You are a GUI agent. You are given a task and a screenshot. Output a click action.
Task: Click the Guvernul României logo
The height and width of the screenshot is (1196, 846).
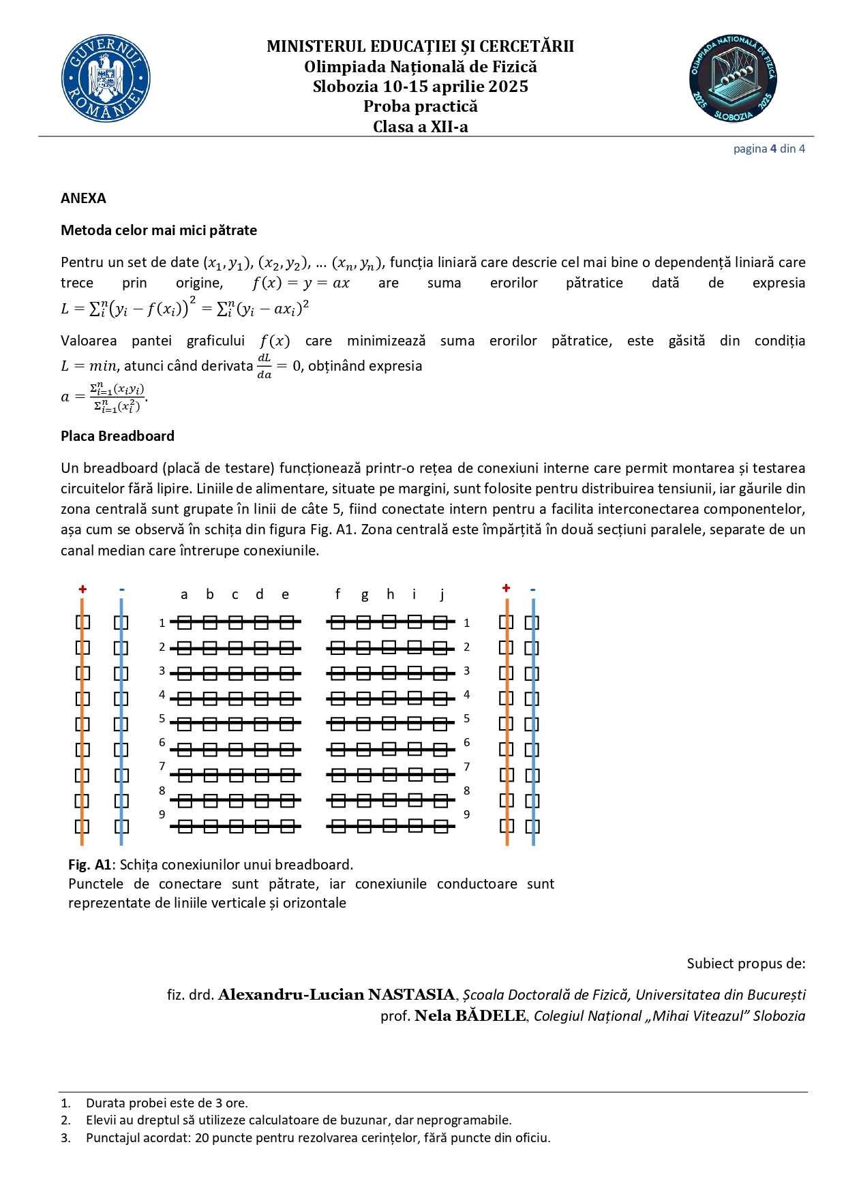coord(106,79)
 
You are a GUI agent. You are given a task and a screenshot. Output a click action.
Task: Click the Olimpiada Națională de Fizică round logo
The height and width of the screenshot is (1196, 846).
coord(733,79)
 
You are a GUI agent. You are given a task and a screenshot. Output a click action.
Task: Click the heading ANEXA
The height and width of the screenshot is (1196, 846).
coord(83,198)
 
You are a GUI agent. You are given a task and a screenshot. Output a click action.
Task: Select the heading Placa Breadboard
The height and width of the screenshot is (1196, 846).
coord(117,436)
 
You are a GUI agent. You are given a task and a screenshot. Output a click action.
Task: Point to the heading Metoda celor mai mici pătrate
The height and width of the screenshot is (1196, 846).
coord(159,230)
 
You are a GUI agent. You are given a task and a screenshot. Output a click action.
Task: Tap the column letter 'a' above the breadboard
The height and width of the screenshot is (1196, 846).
coord(184,595)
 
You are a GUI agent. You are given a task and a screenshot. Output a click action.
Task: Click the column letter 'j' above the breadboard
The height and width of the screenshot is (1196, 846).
coord(442,595)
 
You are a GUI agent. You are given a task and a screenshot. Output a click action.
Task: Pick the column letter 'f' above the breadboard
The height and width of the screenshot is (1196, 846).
coord(337,594)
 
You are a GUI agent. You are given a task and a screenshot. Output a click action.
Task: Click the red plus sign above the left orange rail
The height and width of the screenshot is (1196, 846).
coord(82,589)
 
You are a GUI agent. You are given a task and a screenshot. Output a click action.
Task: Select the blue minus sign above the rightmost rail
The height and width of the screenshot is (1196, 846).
coord(532,589)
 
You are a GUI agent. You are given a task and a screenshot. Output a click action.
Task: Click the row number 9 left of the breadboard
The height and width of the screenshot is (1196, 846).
coord(162,814)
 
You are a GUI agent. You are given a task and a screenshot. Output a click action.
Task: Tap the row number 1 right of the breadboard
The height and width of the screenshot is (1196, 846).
coord(466,623)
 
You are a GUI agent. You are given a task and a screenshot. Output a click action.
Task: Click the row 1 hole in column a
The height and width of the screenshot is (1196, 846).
coord(185,622)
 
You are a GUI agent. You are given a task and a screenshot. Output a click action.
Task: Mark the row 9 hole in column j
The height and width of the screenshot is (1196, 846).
coord(441,827)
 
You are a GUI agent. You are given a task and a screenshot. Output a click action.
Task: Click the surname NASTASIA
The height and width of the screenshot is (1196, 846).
coord(411,995)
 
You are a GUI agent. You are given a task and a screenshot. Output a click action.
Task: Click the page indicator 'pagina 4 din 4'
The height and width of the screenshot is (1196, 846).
coord(769,149)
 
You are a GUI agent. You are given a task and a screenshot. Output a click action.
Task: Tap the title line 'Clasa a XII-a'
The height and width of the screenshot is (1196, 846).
coord(420,127)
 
